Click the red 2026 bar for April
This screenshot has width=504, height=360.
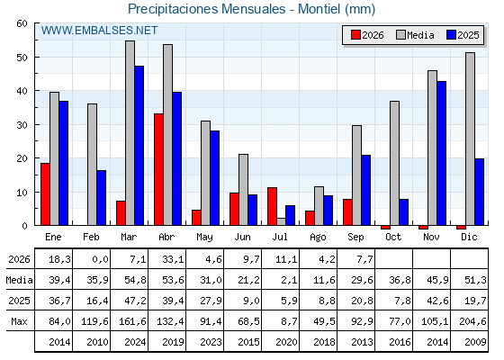click(158, 169)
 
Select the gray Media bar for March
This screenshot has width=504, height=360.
click(130, 133)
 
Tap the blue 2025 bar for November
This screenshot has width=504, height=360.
click(441, 153)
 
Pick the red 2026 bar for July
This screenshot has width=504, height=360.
click(272, 206)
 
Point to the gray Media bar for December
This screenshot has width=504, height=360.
click(470, 139)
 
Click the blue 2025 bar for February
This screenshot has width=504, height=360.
click(101, 198)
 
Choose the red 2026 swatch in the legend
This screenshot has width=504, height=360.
click(355, 35)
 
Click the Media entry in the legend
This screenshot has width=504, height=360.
click(415, 35)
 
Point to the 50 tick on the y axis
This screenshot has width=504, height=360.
click(22, 58)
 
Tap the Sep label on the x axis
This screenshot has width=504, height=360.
click(355, 237)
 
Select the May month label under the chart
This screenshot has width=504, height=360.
click(204, 238)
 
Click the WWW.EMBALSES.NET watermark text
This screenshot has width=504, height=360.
click(99, 31)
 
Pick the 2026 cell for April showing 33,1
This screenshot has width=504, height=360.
click(173, 259)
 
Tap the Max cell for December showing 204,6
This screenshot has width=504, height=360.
click(472, 321)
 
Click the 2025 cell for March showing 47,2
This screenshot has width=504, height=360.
click(135, 301)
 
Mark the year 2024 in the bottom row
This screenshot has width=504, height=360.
click(135, 342)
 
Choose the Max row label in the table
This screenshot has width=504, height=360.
click(19, 321)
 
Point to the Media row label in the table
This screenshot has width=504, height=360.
click(19, 280)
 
